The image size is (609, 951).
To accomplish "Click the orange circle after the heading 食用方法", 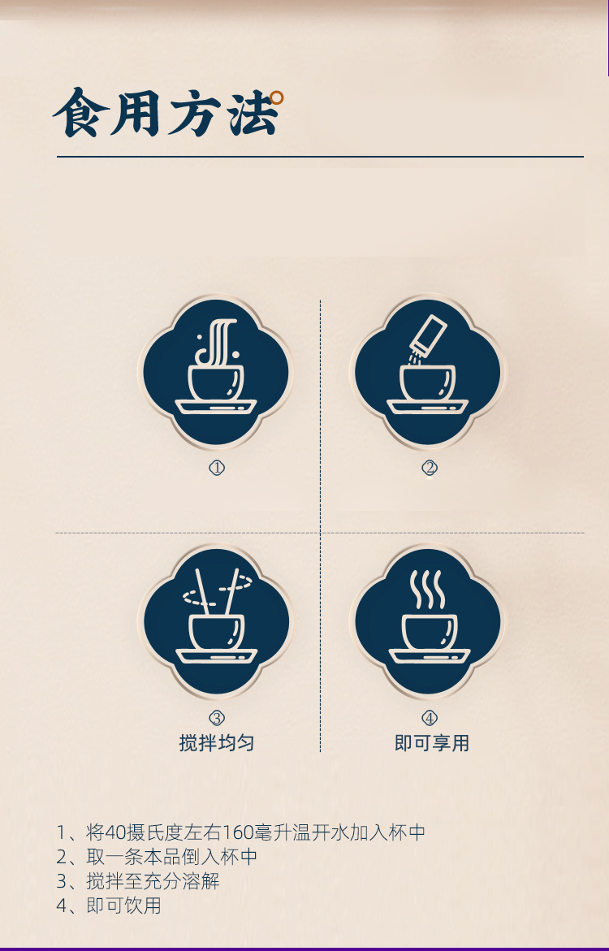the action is pyautogui.click(x=277, y=97).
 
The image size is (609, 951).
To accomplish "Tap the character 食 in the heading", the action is pyautogui.click(x=81, y=113).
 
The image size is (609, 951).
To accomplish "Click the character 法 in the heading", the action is pyautogui.click(x=253, y=114).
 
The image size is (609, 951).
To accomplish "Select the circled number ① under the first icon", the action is pyautogui.click(x=217, y=469).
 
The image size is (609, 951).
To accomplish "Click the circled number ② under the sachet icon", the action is pyautogui.click(x=430, y=469).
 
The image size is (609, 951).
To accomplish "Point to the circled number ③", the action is pyautogui.click(x=217, y=718).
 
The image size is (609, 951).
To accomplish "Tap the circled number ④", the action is pyautogui.click(x=430, y=718).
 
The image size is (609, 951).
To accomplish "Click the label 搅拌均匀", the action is pyautogui.click(x=217, y=743).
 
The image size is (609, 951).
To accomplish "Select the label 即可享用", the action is pyautogui.click(x=432, y=743).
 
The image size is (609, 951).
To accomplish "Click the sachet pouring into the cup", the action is pyautogui.click(x=430, y=334).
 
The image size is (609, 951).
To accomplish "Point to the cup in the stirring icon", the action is pyautogui.click(x=217, y=632).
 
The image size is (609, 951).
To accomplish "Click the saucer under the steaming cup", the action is pyautogui.click(x=430, y=656).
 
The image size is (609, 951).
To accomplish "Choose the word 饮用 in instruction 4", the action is pyautogui.click(x=143, y=906).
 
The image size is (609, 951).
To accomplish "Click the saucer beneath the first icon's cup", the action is pyautogui.click(x=217, y=407).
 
